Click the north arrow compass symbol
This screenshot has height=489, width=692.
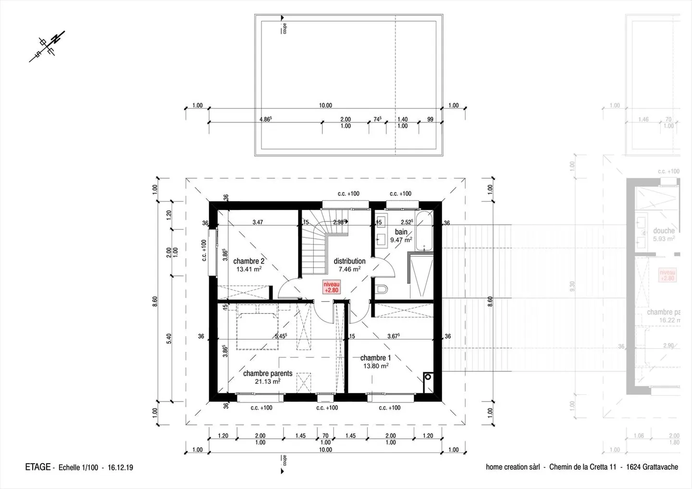[47, 46]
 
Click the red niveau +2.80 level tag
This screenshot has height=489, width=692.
[331, 287]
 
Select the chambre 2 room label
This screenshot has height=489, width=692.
[249, 261]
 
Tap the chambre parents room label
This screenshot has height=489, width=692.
[268, 373]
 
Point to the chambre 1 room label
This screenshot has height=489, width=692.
[375, 358]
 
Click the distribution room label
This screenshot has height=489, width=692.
[349, 261]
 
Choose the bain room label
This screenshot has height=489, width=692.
[401, 232]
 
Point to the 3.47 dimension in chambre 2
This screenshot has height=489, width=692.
[258, 222]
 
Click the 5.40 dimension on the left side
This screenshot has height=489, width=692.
[169, 339]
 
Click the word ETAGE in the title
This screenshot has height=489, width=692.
[37, 467]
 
